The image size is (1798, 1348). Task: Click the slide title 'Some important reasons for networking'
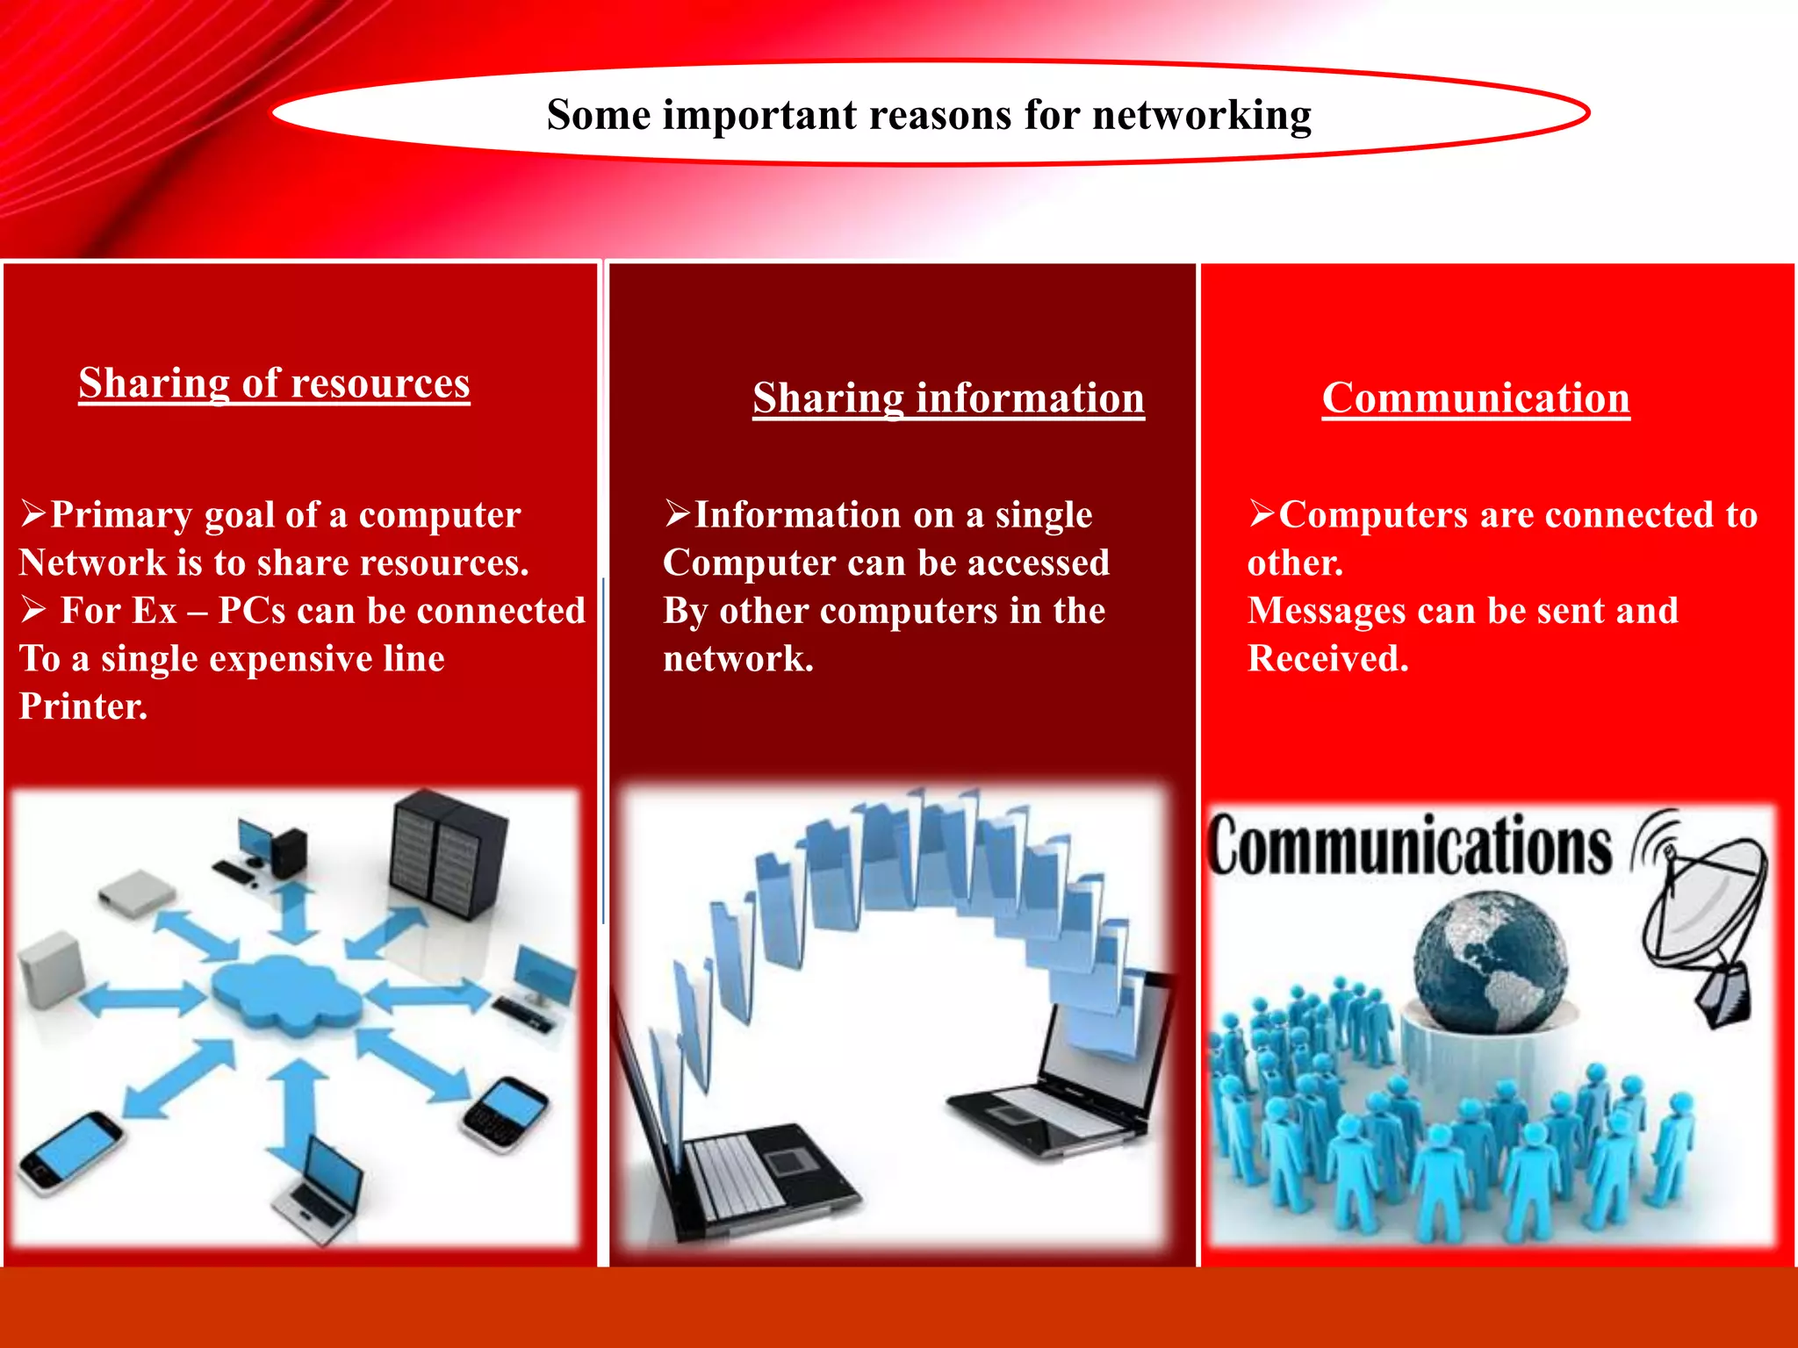click(929, 115)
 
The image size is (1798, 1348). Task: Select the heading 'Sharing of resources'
click(274, 384)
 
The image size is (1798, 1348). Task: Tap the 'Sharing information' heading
click(948, 398)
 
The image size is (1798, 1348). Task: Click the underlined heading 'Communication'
click(1476, 398)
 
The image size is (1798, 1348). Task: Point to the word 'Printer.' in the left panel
click(83, 706)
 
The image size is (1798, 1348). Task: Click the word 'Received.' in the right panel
click(1327, 659)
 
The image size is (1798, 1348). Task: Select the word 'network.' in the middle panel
click(737, 659)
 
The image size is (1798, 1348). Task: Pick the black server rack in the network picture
click(448, 853)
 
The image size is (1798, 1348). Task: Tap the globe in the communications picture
click(1490, 963)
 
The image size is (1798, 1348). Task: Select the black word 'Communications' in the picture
click(1409, 845)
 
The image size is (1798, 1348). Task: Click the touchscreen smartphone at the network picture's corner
click(70, 1151)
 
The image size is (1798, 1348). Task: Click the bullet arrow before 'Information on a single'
click(678, 513)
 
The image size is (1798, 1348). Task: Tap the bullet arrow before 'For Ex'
click(33, 609)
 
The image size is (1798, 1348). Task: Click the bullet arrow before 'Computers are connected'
click(1262, 513)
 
